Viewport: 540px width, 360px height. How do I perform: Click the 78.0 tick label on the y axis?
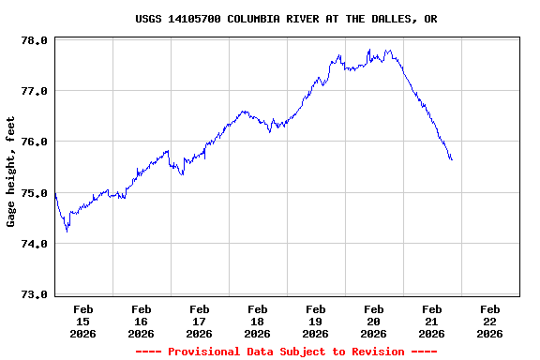point(35,40)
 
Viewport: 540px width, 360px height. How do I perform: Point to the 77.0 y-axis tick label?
point(35,91)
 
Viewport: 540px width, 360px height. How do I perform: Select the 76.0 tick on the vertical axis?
point(35,142)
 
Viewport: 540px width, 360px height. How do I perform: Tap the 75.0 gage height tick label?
point(35,193)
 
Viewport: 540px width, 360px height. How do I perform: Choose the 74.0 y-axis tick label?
point(35,244)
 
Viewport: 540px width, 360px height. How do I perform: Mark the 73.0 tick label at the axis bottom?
point(35,294)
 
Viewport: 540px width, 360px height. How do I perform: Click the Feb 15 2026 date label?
point(83,321)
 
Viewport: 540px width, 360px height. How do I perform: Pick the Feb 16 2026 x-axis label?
point(142,321)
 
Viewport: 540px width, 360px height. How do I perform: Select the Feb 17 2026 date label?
point(200,321)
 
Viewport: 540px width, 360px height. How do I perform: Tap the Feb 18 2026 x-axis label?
point(258,321)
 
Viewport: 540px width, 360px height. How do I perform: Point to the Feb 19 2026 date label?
point(316,321)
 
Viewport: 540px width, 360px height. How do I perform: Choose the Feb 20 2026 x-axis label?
point(374,321)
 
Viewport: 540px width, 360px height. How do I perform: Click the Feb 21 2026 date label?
point(432,321)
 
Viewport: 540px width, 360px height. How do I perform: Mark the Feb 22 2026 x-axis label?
point(490,321)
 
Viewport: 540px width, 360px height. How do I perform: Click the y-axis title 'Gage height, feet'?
point(11,172)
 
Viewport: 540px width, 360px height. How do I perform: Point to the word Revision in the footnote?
point(378,352)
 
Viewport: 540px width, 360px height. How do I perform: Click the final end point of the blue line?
point(452,159)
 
